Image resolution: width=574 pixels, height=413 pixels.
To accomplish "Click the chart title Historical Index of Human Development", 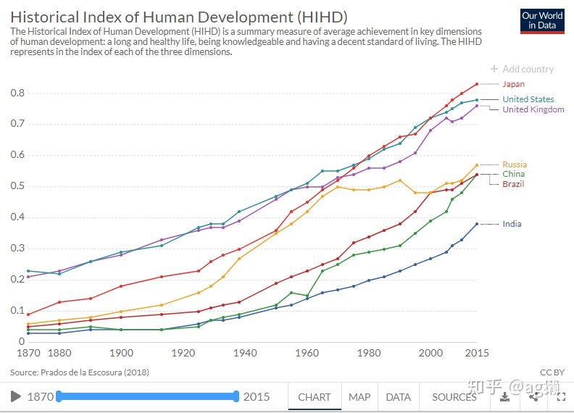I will pyautogui.click(x=179, y=16).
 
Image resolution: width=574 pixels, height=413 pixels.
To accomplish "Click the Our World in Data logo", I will pyautogui.click(x=542, y=20).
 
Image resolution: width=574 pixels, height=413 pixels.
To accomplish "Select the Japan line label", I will pyautogui.click(x=513, y=84).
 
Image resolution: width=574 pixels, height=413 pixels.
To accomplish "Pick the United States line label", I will pyautogui.click(x=528, y=99).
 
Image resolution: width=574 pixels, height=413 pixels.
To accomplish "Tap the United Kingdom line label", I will pyautogui.click(x=533, y=109).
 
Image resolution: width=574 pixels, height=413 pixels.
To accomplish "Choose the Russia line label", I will pyautogui.click(x=515, y=164).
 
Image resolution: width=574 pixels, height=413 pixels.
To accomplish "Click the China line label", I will pyautogui.click(x=513, y=174).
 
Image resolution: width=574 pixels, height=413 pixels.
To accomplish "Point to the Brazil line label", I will pyautogui.click(x=513, y=184).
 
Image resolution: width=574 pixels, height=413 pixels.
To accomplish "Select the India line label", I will pyautogui.click(x=512, y=224).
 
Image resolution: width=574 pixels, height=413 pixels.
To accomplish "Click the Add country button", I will pyautogui.click(x=522, y=69).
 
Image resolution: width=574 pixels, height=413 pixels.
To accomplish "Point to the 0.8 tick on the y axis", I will pyautogui.click(x=17, y=93).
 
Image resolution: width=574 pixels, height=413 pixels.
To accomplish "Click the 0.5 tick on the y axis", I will pyautogui.click(x=17, y=186).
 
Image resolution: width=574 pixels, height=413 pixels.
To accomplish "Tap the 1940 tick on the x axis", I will pyautogui.click(x=245, y=353).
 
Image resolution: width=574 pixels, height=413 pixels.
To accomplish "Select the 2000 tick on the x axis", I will pyautogui.click(x=430, y=353).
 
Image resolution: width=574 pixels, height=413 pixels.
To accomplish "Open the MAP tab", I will pyautogui.click(x=359, y=397).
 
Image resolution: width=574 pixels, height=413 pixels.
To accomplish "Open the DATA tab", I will pyautogui.click(x=398, y=397).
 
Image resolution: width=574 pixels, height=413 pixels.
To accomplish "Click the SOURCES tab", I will pyautogui.click(x=454, y=397).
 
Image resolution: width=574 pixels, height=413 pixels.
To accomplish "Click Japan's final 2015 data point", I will pyautogui.click(x=476, y=84).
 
